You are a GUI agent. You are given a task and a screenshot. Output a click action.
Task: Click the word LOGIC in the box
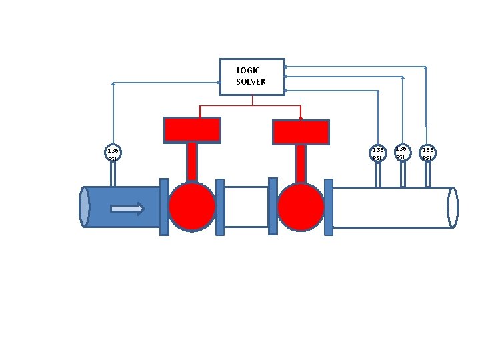pos(248,70)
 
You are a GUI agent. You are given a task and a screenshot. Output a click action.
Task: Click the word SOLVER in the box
pos(251,82)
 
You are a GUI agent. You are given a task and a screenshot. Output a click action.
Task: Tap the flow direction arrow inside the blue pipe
pos(127,209)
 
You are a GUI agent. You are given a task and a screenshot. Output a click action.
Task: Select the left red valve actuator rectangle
pos(192,130)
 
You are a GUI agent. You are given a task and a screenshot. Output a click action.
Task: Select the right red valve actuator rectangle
pos(301,132)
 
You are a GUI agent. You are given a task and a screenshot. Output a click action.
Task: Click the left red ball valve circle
pos(192,207)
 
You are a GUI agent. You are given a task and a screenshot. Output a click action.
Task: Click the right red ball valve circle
pos(301,207)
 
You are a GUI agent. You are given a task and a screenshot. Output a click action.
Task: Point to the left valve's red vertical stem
pos(192,162)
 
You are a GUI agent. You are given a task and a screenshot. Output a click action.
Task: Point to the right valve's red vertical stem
pos(301,163)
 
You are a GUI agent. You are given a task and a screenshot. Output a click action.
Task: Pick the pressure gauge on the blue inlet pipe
pos(113,153)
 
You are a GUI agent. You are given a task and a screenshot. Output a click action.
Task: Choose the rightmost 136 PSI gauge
pos(427,153)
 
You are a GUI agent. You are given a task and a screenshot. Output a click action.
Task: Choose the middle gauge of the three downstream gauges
pos(402,152)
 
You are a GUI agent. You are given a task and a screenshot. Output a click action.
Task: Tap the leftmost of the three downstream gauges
pos(378,153)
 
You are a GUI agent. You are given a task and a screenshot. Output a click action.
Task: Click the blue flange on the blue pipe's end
pos(164,207)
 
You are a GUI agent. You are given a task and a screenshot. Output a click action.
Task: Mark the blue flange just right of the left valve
pos(220,207)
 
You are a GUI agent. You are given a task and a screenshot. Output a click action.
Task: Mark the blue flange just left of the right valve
pos(273,207)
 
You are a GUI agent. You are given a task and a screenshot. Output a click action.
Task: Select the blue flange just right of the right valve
pos(329,207)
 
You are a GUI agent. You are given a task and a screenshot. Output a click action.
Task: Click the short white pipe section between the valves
pos(246,207)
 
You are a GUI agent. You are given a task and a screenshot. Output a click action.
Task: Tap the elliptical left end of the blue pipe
pos(84,207)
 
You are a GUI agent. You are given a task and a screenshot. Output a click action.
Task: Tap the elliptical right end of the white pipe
pos(453,207)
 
